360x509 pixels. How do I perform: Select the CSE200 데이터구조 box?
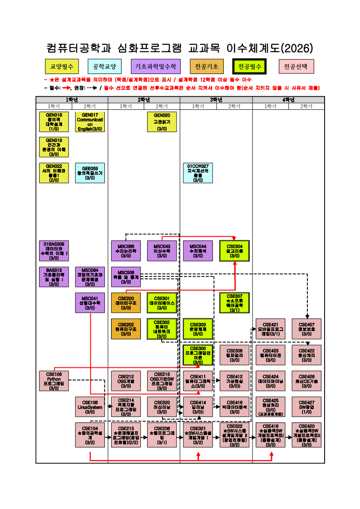(126, 303)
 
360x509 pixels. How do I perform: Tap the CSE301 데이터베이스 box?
(162, 303)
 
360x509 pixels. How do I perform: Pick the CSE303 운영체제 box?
(198, 329)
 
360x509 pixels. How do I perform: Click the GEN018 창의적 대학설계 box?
(54, 122)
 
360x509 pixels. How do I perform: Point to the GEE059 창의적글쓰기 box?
(90, 173)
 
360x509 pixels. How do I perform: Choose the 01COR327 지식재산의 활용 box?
(198, 173)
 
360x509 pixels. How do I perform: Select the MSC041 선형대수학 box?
(90, 303)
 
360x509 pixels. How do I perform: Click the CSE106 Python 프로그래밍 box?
(54, 381)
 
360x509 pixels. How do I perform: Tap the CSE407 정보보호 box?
(306, 329)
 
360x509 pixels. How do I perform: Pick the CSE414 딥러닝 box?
(198, 407)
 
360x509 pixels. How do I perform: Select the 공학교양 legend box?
(104, 67)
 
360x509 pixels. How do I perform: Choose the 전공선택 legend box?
(296, 67)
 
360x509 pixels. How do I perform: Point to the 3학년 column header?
(216, 100)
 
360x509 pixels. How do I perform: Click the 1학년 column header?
(72, 100)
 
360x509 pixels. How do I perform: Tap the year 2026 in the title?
(297, 48)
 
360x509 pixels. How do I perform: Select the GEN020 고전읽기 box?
(162, 122)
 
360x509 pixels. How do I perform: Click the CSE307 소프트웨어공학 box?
(234, 303)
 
